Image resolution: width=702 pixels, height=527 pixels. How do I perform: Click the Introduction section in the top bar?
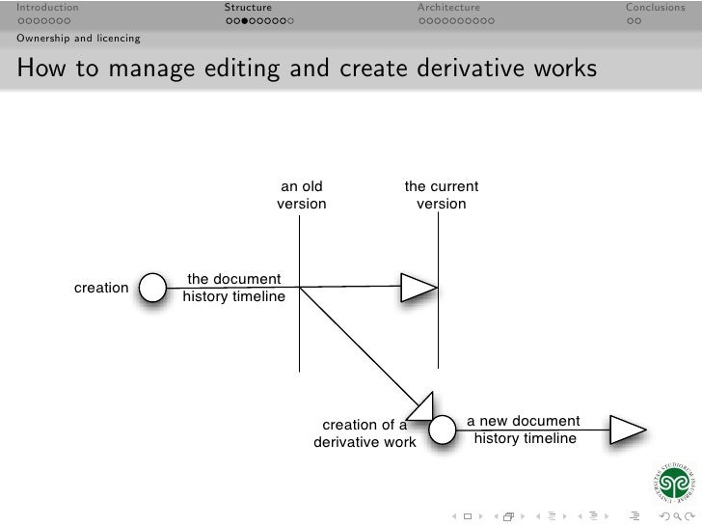pyautogui.click(x=47, y=8)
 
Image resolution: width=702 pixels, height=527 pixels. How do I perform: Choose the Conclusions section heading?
pyautogui.click(x=655, y=8)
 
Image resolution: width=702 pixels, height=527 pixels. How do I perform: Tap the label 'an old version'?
pyautogui.click(x=301, y=196)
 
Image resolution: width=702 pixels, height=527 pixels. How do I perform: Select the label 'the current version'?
pyautogui.click(x=441, y=196)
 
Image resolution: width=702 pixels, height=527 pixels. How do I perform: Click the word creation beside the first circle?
pyautogui.click(x=101, y=288)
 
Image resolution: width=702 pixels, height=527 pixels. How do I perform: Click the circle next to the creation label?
pyautogui.click(x=153, y=287)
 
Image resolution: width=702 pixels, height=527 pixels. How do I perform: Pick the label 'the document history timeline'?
pyautogui.click(x=233, y=288)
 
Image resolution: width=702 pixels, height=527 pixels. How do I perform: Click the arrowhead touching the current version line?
pyautogui.click(x=418, y=286)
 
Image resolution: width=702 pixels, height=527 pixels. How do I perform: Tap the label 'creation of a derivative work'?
pyautogui.click(x=364, y=433)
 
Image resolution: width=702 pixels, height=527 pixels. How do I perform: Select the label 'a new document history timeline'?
pyautogui.click(x=524, y=430)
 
